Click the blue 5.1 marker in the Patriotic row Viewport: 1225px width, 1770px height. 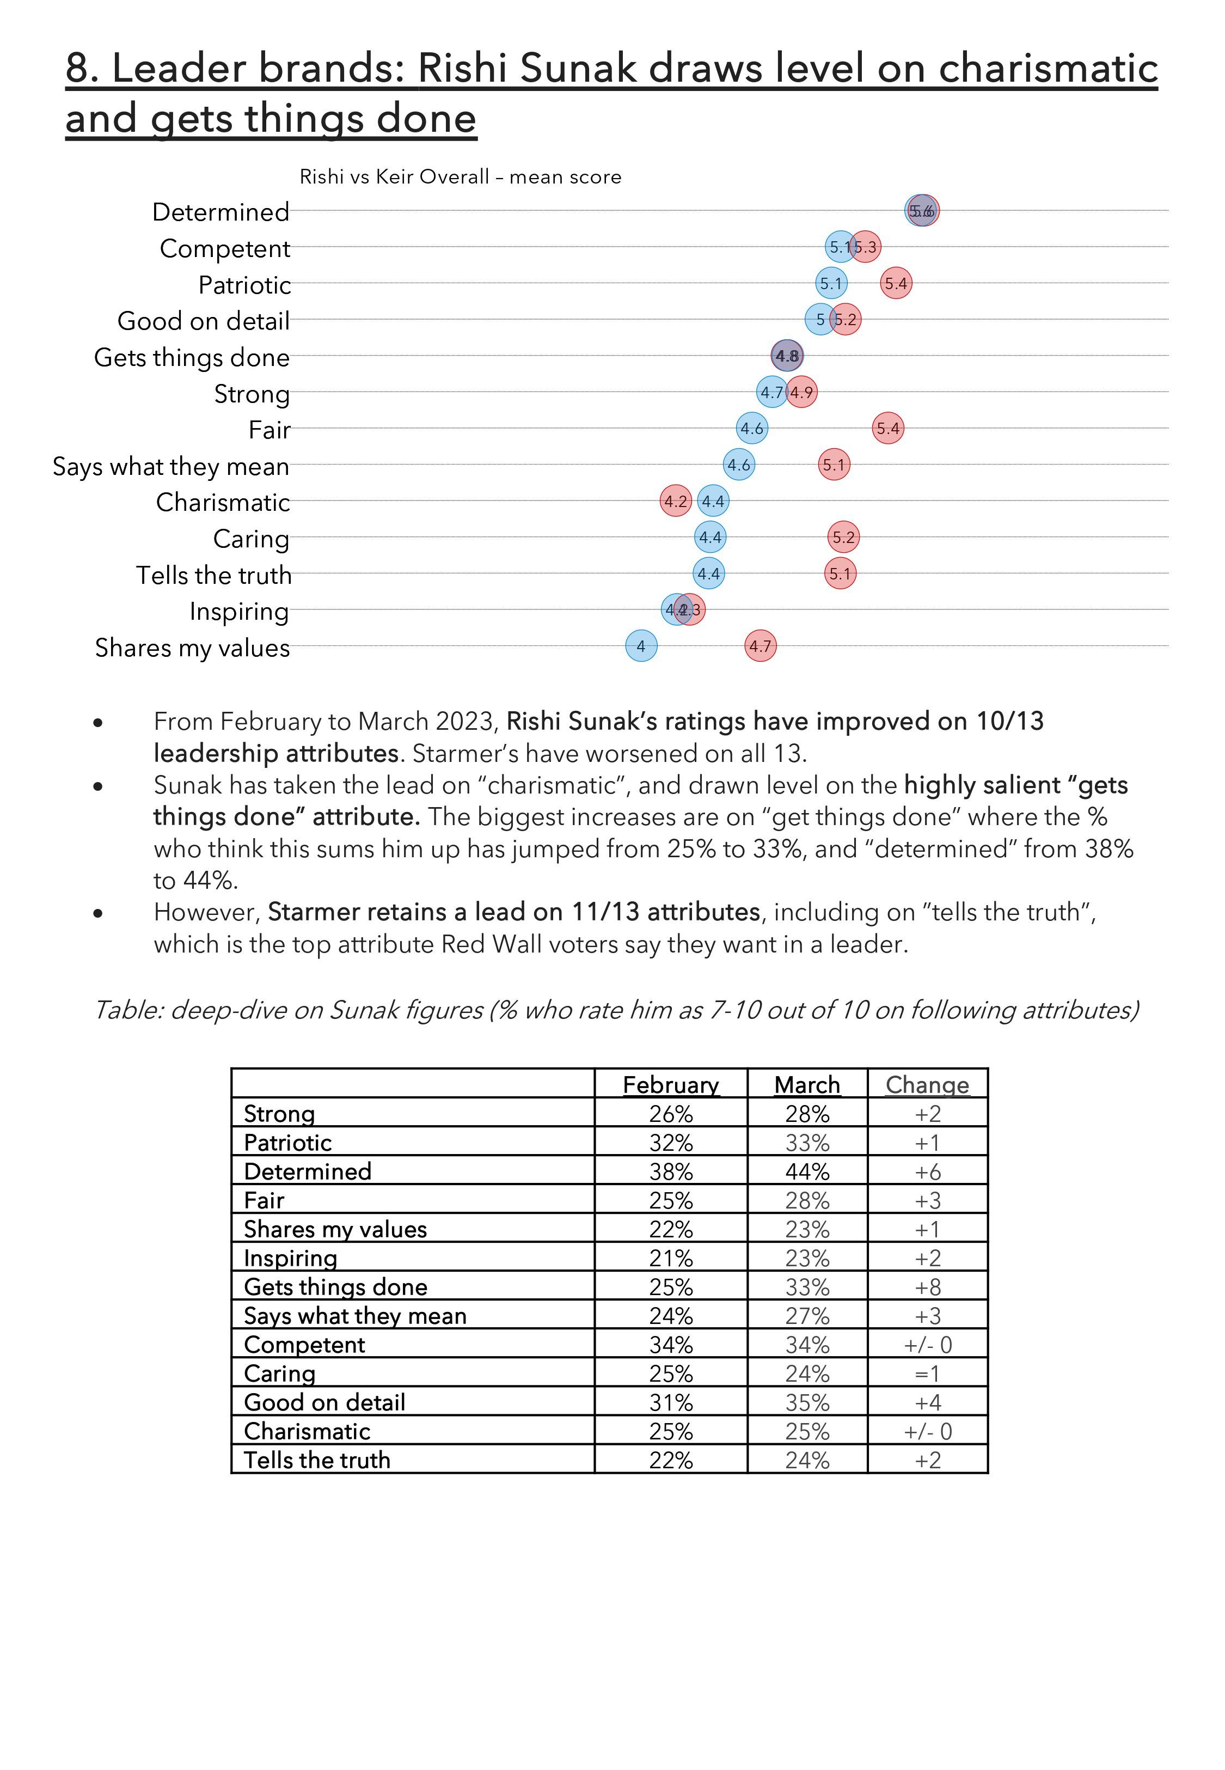(831, 283)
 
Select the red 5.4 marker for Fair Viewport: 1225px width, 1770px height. (888, 428)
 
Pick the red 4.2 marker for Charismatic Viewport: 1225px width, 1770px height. (676, 501)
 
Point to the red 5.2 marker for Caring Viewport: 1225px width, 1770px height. (843, 538)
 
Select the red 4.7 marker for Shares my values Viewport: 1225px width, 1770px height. (761, 646)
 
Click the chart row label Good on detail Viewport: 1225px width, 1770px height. (204, 321)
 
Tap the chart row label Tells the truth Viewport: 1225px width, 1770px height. (214, 575)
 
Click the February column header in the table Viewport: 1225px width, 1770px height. (671, 1084)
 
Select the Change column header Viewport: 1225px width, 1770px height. (927, 1084)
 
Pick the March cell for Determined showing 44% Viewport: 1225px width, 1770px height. (807, 1171)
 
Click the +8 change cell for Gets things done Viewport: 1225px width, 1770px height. (927, 1286)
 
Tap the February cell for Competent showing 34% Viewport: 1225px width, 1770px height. (671, 1345)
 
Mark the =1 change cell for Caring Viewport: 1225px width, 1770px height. (927, 1373)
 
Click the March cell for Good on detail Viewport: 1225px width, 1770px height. (807, 1402)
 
